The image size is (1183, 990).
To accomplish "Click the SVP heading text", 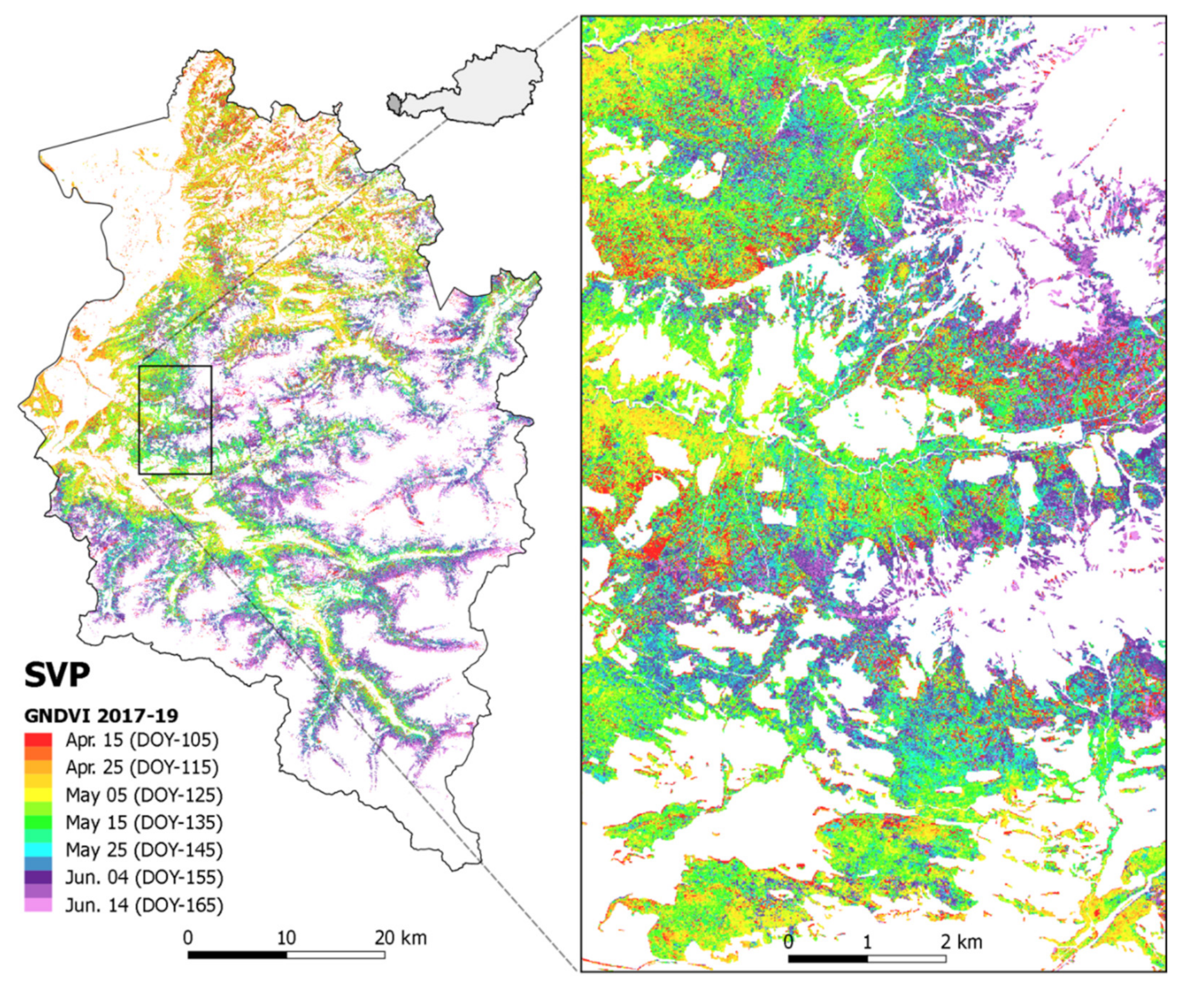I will (57, 675).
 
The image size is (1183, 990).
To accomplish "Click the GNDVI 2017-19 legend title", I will (101, 716).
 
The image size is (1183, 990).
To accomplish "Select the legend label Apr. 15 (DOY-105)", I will (142, 740).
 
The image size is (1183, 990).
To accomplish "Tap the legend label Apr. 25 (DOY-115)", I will (142, 767).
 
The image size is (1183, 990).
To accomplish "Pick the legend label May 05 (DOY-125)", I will (144, 795).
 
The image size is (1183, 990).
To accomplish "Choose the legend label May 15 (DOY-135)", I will (144, 822).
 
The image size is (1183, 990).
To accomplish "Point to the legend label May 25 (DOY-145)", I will (144, 850).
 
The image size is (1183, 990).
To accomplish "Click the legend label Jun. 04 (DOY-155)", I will (144, 877).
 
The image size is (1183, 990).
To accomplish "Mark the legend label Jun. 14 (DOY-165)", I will (144, 905).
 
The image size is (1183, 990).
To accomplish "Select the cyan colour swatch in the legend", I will (38, 850).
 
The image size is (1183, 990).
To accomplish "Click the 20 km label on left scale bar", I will (400, 937).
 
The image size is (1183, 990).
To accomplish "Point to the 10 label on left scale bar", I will (286, 937).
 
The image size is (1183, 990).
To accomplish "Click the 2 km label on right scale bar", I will (961, 942).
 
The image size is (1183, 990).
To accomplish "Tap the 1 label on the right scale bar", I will (867, 942).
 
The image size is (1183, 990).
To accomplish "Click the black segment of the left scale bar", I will (237, 955).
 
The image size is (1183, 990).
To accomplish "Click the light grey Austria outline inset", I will (497, 83).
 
